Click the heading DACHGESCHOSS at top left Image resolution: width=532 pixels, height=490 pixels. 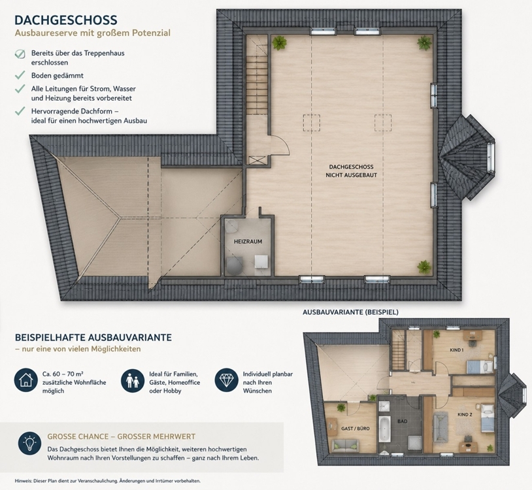coord(66,20)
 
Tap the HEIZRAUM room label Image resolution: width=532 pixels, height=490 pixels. coord(248,242)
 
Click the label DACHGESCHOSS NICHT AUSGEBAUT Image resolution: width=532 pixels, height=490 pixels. coord(351,171)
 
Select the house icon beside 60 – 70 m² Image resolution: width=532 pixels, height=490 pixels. coord(25,380)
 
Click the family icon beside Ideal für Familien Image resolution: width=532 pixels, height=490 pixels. coord(133,380)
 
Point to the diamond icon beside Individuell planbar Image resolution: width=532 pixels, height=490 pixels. coord(227,380)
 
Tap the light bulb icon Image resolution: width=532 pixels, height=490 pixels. coord(29,443)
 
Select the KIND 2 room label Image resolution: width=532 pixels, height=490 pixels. coord(465,414)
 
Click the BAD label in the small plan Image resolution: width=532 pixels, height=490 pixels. coord(403,421)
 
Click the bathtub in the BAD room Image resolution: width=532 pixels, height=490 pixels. coord(384,429)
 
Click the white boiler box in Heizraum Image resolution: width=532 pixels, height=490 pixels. coord(261,261)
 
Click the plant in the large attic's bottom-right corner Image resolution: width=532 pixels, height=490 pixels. coord(424,267)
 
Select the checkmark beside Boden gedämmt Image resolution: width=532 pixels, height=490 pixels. coord(20,74)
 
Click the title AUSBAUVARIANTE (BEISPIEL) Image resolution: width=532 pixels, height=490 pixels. coord(350,312)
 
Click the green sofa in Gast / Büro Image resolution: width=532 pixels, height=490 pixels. coord(345,444)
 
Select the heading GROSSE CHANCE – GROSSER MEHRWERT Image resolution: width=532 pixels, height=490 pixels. coord(122,436)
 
